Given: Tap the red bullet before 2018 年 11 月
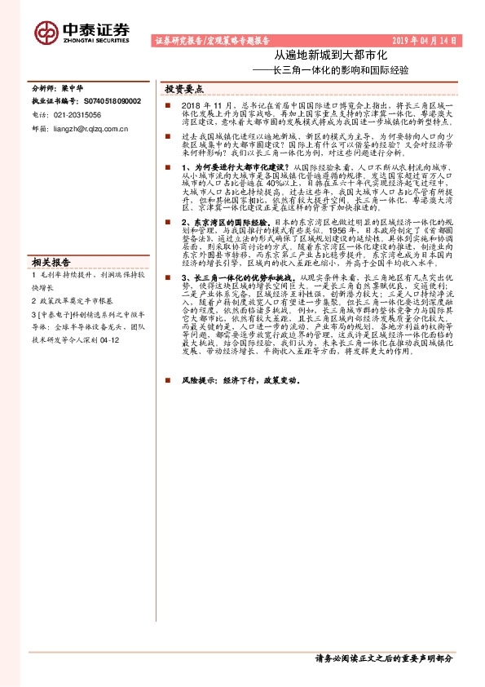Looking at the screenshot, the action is pyautogui.click(x=167, y=105).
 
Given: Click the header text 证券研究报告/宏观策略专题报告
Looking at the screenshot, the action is pyautogui.click(x=211, y=41).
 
